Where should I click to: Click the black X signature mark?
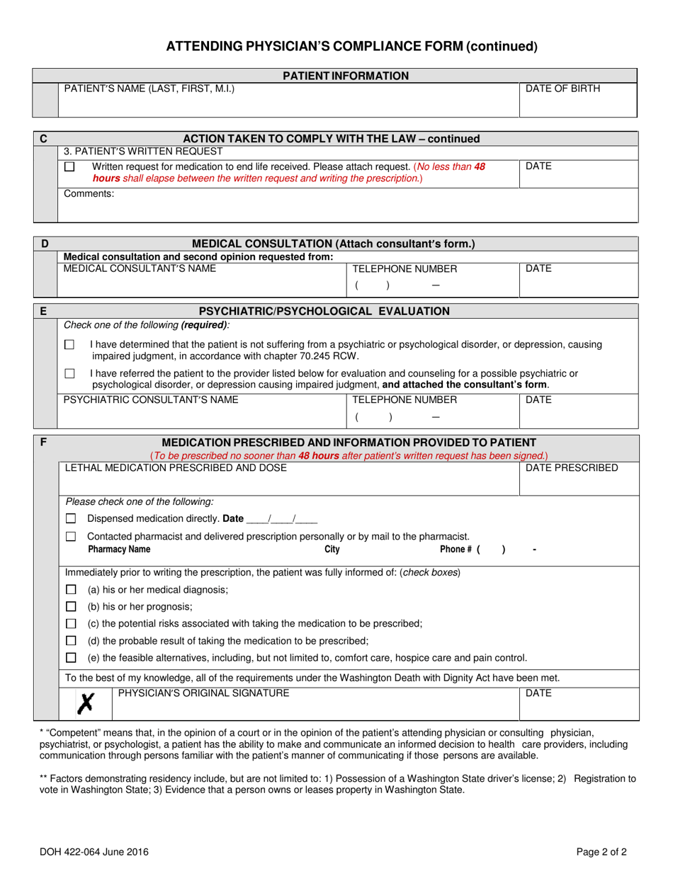coord(86,702)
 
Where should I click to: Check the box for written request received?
coord(69,167)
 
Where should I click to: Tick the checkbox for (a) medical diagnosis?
coord(71,589)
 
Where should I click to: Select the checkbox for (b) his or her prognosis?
coord(71,606)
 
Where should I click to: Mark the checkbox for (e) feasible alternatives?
coord(71,657)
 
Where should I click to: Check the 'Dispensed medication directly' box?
coord(71,518)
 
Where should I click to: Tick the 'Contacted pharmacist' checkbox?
coord(71,537)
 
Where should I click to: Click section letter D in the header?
coord(45,244)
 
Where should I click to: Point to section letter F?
coord(44,442)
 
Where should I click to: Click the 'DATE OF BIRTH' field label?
coord(562,89)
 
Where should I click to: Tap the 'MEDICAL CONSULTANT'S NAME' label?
coord(140,268)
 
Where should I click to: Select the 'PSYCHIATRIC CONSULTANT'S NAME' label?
coord(151,399)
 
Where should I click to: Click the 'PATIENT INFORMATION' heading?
coord(346,76)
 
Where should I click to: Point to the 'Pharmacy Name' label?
coord(119,550)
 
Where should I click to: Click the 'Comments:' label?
coord(89,193)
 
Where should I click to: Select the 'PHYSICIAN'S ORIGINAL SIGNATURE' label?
coord(203,693)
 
